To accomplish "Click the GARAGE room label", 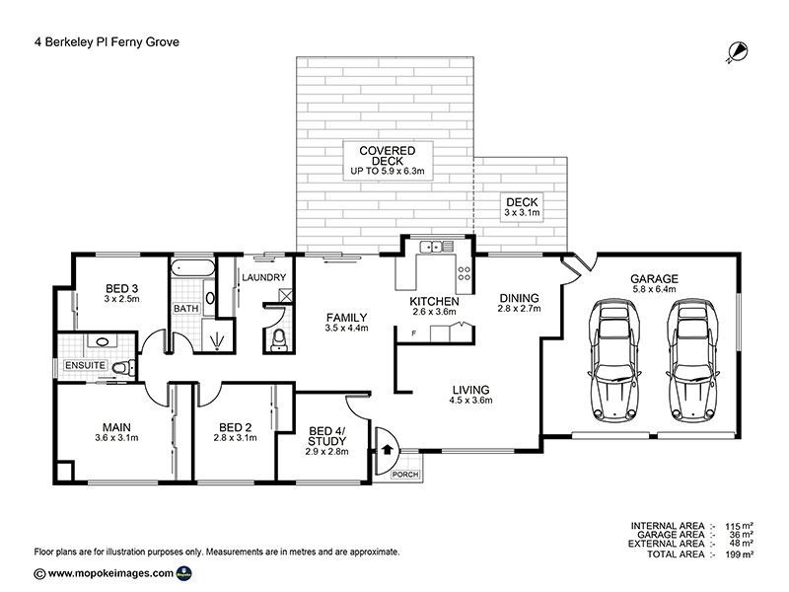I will (x=655, y=279).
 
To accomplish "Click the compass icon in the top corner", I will (x=737, y=51).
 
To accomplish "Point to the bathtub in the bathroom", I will (x=193, y=269).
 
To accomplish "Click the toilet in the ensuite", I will (x=119, y=368).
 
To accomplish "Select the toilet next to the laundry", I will (x=278, y=339).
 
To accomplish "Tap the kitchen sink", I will (x=432, y=246).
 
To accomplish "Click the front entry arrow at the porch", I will (x=387, y=448).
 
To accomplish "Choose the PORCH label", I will (x=404, y=475).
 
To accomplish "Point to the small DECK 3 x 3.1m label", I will (x=523, y=207).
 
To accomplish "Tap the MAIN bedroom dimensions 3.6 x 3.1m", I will (x=114, y=437).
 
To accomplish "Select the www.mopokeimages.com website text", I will (x=110, y=572).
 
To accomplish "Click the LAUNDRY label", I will (x=263, y=277).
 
